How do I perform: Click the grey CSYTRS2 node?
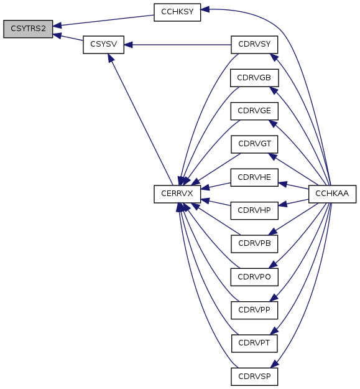point(28,29)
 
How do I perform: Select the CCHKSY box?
point(177,12)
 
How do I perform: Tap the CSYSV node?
point(104,45)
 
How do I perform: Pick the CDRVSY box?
point(254,45)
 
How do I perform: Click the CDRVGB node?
point(254,78)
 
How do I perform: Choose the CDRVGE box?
point(254,111)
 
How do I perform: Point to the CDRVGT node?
point(254,144)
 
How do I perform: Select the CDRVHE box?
point(254,177)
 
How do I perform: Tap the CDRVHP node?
point(254,210)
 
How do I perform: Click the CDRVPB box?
point(254,244)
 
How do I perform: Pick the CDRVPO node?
point(254,277)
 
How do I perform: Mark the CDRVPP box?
point(254,310)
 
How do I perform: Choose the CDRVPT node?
point(254,344)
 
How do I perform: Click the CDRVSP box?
point(254,377)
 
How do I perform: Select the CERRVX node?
point(177,194)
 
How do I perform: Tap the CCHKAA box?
point(332,194)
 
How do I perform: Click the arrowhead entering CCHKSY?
point(205,9)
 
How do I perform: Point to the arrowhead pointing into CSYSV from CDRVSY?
point(128,45)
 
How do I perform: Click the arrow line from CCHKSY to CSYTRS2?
point(103,21)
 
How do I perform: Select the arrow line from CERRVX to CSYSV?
point(141,120)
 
